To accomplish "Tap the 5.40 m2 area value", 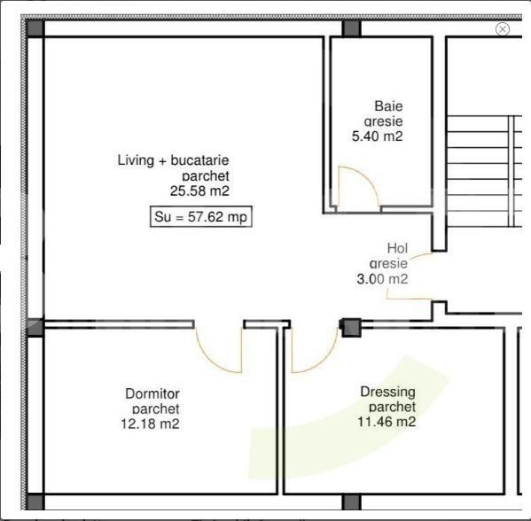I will (378, 137).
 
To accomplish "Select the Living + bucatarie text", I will (174, 160).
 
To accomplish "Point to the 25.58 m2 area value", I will (199, 190).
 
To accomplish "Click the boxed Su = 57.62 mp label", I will (200, 216).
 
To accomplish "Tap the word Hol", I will (397, 249).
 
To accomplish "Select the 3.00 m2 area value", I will (380, 278).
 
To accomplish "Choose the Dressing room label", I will (387, 392).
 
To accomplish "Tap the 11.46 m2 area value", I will (387, 423).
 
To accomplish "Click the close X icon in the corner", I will (503, 29).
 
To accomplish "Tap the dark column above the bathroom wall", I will (351, 28).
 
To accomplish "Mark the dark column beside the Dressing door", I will (352, 328).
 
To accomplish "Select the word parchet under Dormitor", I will (155, 408).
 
